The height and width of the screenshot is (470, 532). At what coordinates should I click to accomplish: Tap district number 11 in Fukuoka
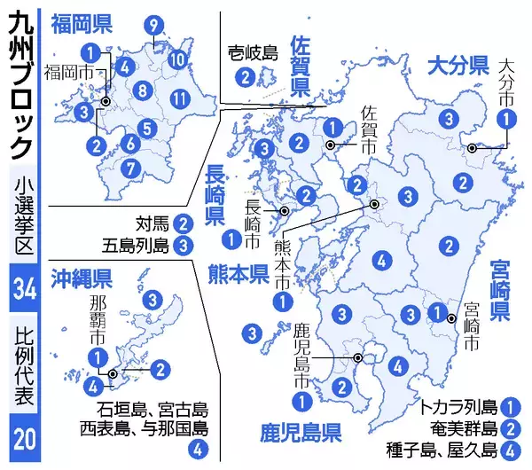click(x=179, y=98)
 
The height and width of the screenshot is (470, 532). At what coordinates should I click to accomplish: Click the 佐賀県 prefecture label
click(x=301, y=65)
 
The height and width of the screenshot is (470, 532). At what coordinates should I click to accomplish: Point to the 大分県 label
click(x=458, y=64)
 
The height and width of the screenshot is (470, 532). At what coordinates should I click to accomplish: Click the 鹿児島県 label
click(x=301, y=434)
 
